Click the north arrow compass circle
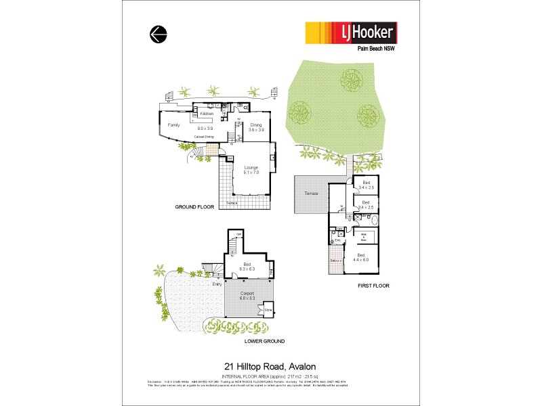pyautogui.click(x=158, y=34)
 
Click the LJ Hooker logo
pyautogui.click(x=350, y=32)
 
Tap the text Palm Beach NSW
pyautogui.click(x=376, y=49)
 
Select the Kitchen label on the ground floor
pyautogui.click(x=207, y=114)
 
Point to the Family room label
pyautogui.click(x=174, y=125)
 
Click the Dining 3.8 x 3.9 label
pyautogui.click(x=256, y=127)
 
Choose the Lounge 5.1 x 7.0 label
pyautogui.click(x=251, y=170)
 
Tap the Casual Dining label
pyautogui.click(x=205, y=137)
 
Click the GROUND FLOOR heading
pyautogui.click(x=194, y=207)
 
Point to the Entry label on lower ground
pyautogui.click(x=217, y=284)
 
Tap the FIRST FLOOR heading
pyautogui.click(x=373, y=286)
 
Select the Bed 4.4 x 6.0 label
pyautogui.click(x=360, y=257)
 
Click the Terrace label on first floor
pyautogui.click(x=311, y=194)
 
